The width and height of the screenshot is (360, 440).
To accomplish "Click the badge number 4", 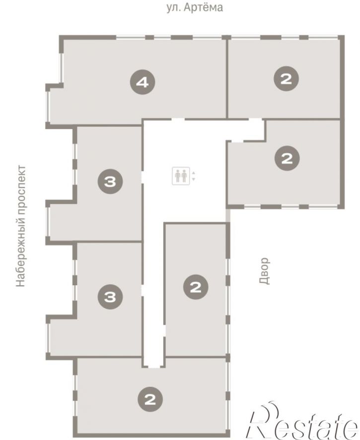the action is point(143,82).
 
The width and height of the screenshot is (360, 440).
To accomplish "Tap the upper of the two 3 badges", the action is point(110,181).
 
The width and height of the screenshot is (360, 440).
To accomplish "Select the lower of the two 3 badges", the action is point(110,297).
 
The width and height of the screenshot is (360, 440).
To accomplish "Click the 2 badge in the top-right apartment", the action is point(286,78).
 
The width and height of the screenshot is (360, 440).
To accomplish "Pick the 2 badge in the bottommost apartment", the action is point(150,399).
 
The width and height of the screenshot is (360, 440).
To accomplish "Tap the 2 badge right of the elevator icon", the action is point(287,158).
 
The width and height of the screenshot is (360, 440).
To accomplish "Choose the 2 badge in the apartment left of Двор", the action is point(196,287).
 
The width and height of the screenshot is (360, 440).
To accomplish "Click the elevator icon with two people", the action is point(181,176).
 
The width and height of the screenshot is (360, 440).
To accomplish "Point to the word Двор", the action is point(264,271).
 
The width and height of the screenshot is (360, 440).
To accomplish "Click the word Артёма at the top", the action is point(204,7).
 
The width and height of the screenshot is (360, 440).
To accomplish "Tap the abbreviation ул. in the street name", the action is point(173,8).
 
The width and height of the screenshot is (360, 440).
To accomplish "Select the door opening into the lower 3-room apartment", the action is point(143,290).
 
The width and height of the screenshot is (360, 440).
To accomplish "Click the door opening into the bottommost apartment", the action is point(153,366).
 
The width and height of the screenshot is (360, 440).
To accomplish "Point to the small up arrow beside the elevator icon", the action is point(193,173).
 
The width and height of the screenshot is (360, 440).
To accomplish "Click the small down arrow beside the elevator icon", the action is point(193,179).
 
